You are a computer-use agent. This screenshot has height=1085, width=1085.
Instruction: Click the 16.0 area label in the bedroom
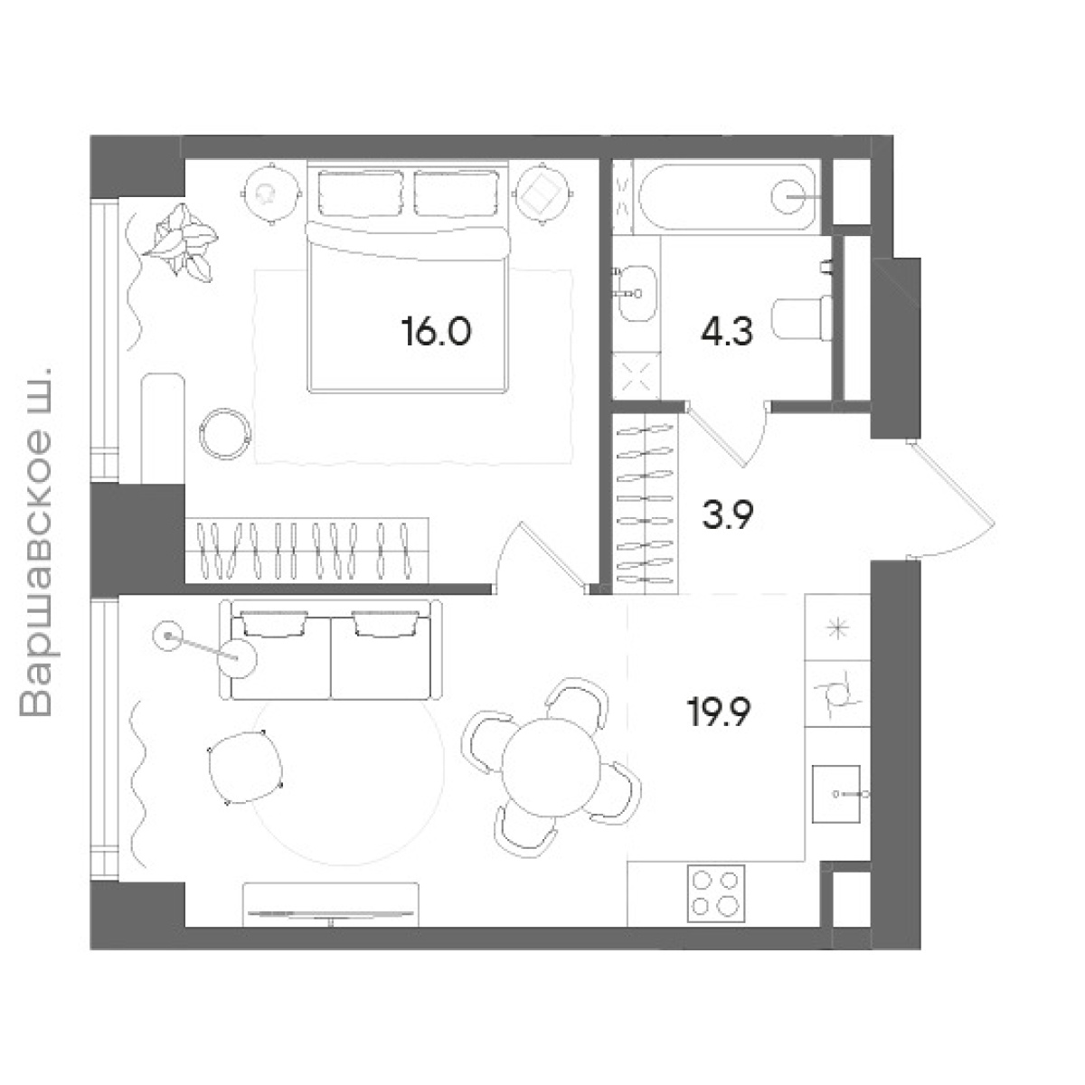click(x=437, y=331)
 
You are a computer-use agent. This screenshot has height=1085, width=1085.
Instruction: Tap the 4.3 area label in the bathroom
click(x=726, y=331)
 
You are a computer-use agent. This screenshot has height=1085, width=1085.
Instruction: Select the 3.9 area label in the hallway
click(x=728, y=514)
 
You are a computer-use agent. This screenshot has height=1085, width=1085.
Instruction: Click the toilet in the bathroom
click(x=802, y=318)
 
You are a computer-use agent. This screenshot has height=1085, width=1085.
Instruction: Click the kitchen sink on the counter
click(x=836, y=794)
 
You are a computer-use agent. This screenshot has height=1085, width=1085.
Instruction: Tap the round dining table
click(x=552, y=767)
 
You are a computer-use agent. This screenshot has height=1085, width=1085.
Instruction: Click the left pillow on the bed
click(x=361, y=193)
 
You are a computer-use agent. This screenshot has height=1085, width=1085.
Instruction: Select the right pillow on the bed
click(x=457, y=193)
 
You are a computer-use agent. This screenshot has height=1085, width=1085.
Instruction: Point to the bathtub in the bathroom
click(x=726, y=196)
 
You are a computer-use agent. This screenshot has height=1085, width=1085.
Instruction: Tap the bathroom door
click(x=726, y=434)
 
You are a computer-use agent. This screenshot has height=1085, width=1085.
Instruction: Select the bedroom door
click(x=542, y=558)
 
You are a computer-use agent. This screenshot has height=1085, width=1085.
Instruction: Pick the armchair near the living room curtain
click(x=245, y=767)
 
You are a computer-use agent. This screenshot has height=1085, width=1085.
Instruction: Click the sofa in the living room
click(x=331, y=650)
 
